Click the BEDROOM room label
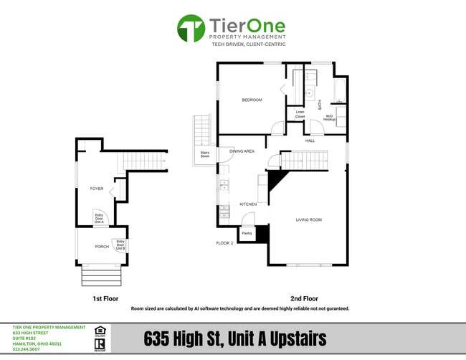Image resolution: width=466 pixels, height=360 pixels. point(252,100)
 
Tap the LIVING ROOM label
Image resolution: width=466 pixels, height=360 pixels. point(308,219)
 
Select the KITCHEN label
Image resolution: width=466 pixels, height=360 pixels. point(248,204)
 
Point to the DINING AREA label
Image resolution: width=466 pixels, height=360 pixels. point(242,151)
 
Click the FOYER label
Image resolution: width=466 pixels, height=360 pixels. point(97,189)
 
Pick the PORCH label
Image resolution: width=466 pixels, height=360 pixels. point(102,247)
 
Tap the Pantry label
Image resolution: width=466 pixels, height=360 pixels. point(247,233)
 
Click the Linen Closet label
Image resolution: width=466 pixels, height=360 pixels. point(300,114)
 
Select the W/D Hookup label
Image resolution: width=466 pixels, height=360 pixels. point(330,117)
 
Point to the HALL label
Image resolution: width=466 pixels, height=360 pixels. point(310,141)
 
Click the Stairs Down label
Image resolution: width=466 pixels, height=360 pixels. point(204,154)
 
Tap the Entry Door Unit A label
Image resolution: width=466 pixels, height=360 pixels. point(99,219)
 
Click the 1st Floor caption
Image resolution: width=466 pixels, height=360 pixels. point(105,298)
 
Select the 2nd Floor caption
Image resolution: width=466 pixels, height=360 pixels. point(304,298)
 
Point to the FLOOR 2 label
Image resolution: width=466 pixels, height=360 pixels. point(225,243)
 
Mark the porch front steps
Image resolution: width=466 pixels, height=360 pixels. point(103,275)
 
